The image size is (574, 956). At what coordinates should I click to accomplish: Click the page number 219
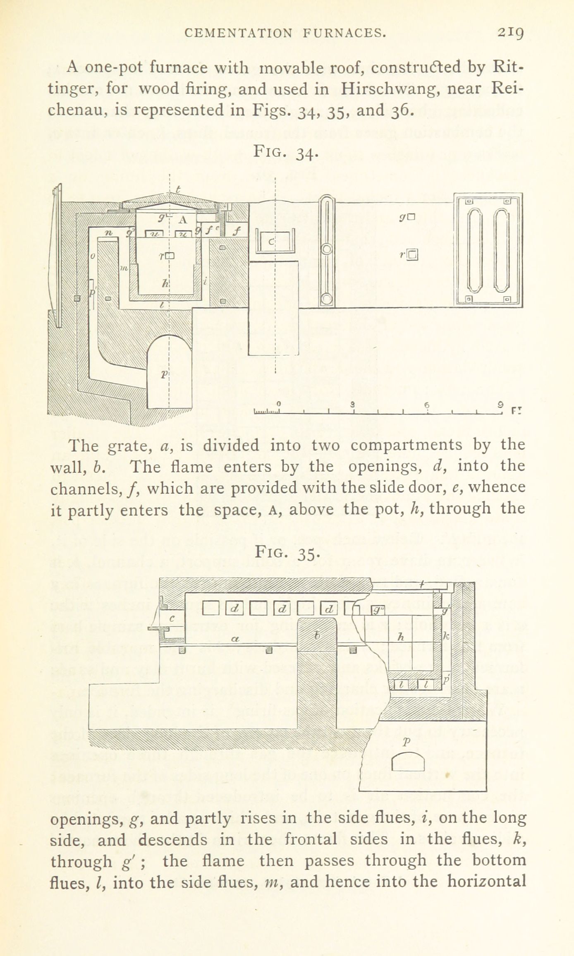point(511,32)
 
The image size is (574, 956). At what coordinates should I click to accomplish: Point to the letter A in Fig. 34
point(182,220)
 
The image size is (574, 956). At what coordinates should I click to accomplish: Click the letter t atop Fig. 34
point(178,189)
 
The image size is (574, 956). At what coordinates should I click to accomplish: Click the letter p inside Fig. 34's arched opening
point(164,374)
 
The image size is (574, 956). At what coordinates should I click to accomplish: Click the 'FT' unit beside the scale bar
point(517,411)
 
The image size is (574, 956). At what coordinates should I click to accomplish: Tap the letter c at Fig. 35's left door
point(172,618)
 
